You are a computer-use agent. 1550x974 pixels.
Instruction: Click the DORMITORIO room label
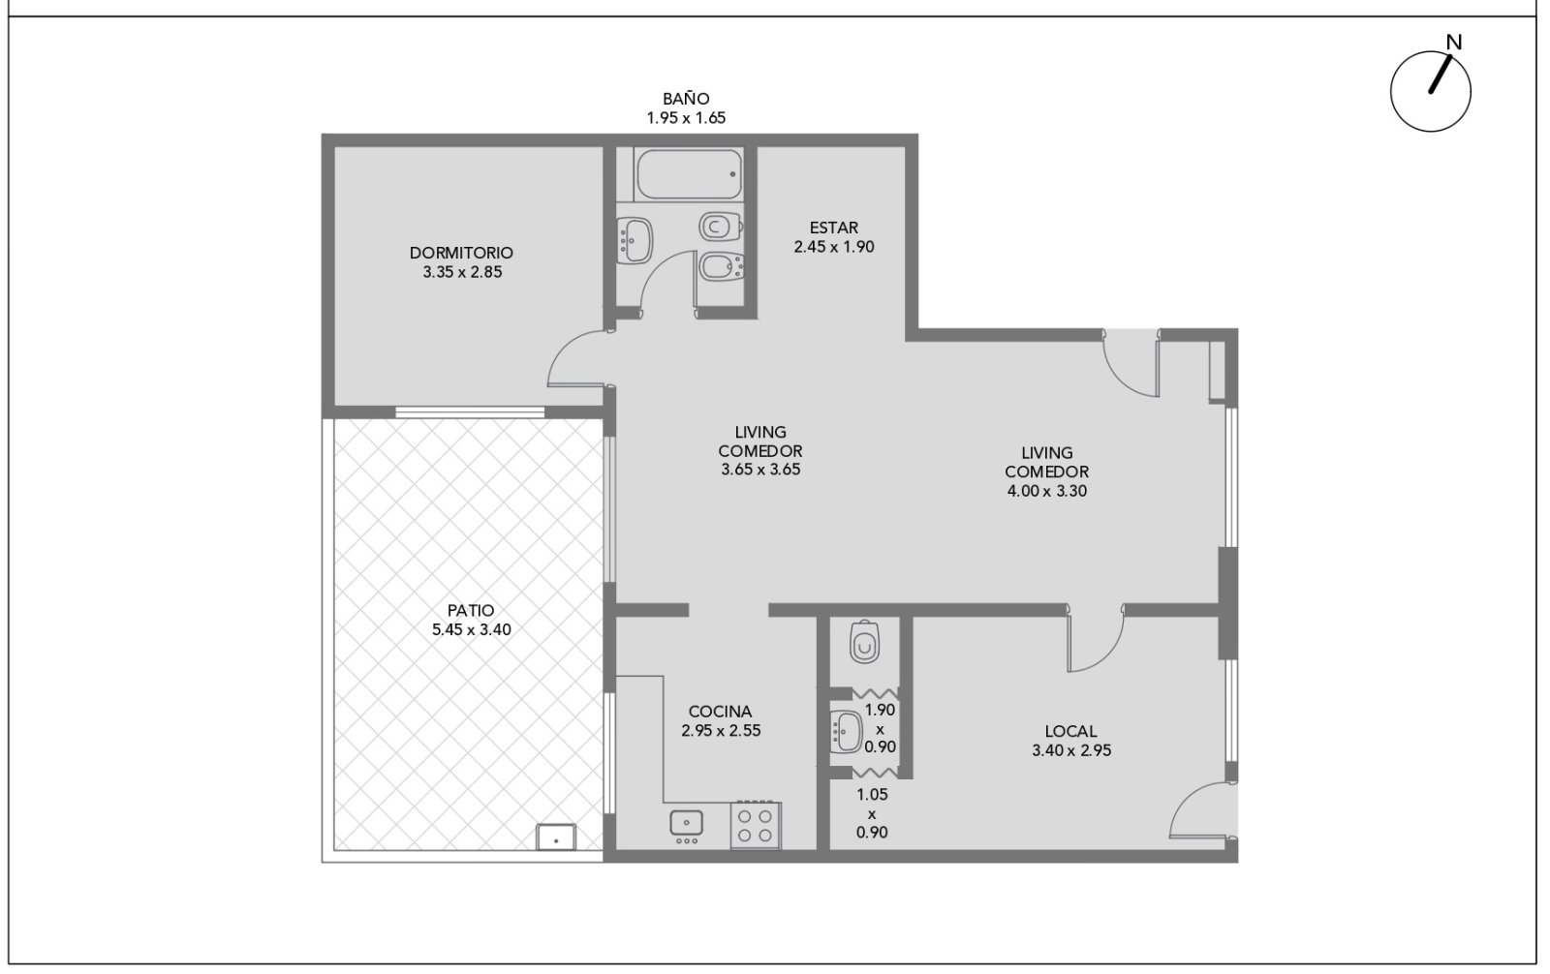pos(461,253)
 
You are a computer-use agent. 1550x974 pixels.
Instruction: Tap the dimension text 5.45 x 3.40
pos(472,629)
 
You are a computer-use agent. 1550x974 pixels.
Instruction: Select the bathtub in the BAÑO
pos(689,174)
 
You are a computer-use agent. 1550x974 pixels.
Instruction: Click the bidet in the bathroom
pos(721,266)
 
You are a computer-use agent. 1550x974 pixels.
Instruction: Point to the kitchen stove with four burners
pos(756,825)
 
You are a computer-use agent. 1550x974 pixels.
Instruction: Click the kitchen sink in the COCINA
pos(687,825)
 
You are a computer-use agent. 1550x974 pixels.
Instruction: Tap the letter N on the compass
pos(1454,43)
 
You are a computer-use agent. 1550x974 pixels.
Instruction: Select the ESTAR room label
pos(834,228)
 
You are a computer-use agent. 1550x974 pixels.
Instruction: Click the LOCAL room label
pos(1071,731)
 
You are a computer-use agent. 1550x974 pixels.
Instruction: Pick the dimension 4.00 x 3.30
pos(1047,491)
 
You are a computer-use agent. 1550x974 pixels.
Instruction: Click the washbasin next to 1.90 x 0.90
pos(847,731)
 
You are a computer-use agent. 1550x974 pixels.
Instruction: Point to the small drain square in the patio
pos(556,837)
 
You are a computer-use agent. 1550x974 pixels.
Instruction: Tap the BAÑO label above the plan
pos(686,99)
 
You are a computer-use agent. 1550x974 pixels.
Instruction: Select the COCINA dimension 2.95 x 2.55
pos(721,730)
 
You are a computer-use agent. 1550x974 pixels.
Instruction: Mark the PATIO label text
pos(471,611)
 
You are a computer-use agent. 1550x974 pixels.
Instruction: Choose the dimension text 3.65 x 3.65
pos(760,470)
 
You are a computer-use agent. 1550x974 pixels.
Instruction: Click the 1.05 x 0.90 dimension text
pos(872,813)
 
